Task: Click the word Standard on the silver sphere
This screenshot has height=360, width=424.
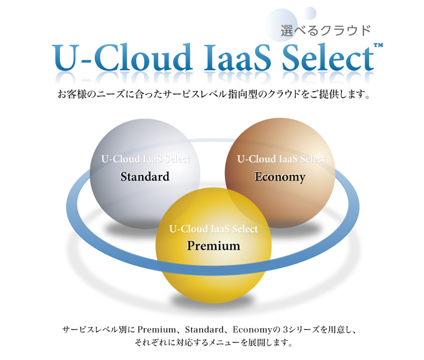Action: [145, 176]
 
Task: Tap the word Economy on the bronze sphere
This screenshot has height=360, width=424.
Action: [280, 176]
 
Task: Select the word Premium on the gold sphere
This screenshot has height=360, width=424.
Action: [213, 246]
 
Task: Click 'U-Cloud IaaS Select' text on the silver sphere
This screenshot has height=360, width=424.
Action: [145, 159]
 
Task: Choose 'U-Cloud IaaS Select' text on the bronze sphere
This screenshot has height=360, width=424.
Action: [281, 159]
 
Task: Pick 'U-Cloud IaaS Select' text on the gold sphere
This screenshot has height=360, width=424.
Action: [213, 229]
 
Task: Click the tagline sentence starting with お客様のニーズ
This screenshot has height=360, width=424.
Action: [213, 94]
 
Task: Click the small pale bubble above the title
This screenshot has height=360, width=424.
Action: [310, 12]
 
